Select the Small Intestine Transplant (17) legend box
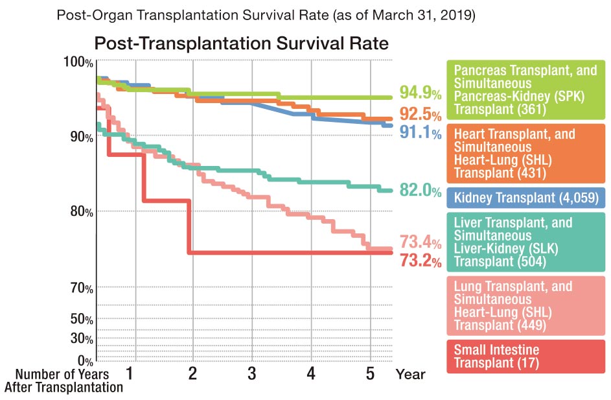(x=525, y=356)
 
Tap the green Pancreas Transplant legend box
(x=525, y=89)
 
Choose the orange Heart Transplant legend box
(x=525, y=154)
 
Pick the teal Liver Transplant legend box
(x=525, y=242)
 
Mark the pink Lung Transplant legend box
(x=525, y=305)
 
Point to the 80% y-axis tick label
(x=82, y=211)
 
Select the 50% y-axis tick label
(x=82, y=319)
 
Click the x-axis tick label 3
(x=252, y=373)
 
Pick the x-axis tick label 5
(x=369, y=373)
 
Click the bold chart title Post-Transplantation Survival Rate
(x=241, y=44)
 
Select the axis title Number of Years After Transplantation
(x=63, y=381)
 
